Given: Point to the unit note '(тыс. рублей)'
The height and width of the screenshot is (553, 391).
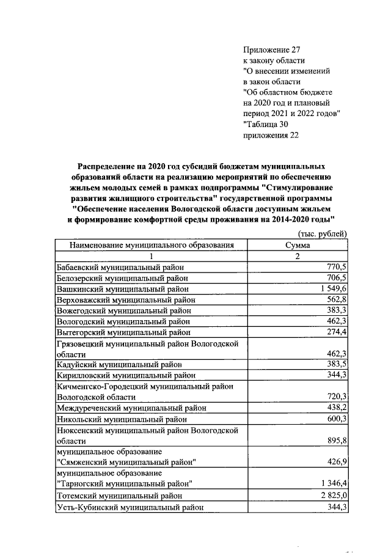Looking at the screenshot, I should tap(323, 234).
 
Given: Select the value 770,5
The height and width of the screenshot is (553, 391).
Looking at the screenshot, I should tap(336, 267).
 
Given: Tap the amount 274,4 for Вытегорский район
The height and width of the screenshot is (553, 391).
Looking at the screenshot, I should tap(336, 332).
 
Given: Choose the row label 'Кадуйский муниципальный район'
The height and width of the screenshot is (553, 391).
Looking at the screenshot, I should tap(119, 365).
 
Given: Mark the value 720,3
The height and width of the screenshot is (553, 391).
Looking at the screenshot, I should tap(336, 397).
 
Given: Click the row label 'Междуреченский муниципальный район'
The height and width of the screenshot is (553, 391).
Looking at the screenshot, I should tap(131, 408).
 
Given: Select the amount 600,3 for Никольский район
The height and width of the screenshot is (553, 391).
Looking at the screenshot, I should tap(336, 419).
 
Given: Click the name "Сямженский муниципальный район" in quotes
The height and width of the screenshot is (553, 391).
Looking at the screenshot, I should tap(126, 462).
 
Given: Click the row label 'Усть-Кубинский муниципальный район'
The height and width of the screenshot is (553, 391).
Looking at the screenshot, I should tap(130, 507).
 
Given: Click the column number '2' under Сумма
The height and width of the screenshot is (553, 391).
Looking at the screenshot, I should tap(298, 256).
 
